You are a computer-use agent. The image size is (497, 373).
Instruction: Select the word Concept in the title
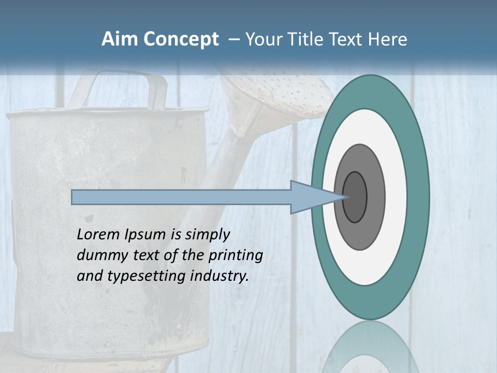click(181, 39)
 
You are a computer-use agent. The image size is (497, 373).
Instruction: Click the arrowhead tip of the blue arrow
click(344, 197)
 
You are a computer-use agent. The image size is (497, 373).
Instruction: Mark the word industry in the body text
click(220, 276)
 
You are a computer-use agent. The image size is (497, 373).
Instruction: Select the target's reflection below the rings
click(370, 347)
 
